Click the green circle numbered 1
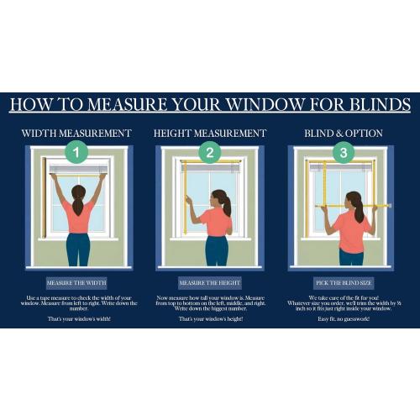tap(77, 154)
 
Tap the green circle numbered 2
tap(210, 154)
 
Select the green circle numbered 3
tap(343, 154)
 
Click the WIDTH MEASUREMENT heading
tap(76, 133)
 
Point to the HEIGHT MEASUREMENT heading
tap(210, 133)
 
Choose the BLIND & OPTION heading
tap(343, 133)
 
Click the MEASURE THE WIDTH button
tap(76, 283)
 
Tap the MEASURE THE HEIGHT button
tap(210, 283)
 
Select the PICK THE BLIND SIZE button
tap(343, 283)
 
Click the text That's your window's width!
tap(76, 320)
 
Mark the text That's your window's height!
tap(210, 320)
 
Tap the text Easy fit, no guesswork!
tap(343, 320)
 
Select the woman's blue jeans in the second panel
tap(217, 250)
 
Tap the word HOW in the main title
tap(30, 106)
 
